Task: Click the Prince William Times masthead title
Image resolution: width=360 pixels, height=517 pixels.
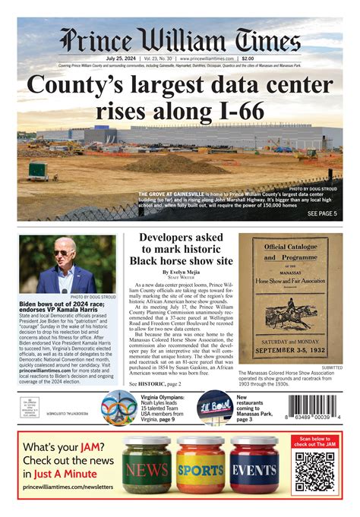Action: tap(180, 40)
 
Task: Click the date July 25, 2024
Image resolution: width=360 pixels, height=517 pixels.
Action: tap(118, 58)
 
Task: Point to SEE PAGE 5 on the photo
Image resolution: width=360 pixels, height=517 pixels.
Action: tap(322, 214)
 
